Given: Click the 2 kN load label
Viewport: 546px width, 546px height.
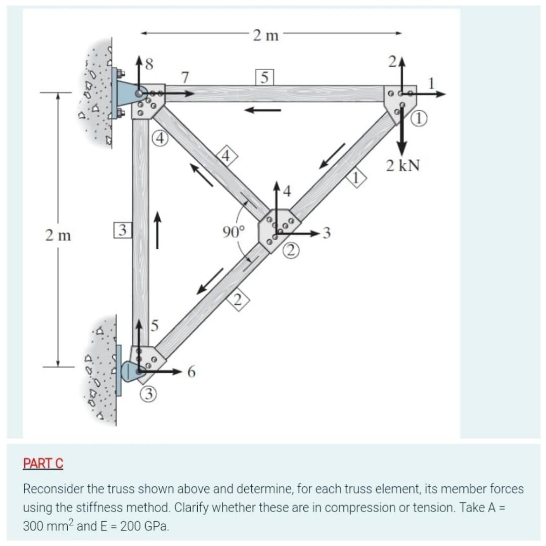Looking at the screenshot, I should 403,165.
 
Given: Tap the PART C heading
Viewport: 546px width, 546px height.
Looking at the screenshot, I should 43,463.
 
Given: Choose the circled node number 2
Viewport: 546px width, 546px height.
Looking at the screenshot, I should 292,250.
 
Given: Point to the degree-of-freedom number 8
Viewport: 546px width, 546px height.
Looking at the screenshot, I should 149,64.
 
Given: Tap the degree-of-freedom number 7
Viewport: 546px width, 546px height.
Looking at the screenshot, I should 186,78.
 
